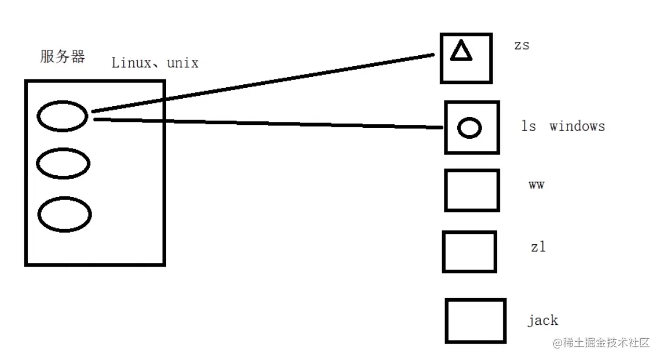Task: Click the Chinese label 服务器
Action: point(62,57)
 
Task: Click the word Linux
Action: point(131,62)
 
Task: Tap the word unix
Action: point(183,62)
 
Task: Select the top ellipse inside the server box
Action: point(62,116)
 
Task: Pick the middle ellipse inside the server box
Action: point(63,163)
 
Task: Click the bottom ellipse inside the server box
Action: point(64,214)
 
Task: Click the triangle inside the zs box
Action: point(461,52)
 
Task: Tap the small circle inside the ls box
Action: point(469,127)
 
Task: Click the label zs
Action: point(522,45)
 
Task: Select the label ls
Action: point(529,126)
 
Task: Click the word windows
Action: point(577,126)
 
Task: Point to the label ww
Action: point(536,185)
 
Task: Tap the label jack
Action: point(542,320)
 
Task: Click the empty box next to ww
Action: point(472,190)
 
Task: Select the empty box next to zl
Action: point(469,252)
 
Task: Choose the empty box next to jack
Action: point(475,321)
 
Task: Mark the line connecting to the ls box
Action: point(267,123)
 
